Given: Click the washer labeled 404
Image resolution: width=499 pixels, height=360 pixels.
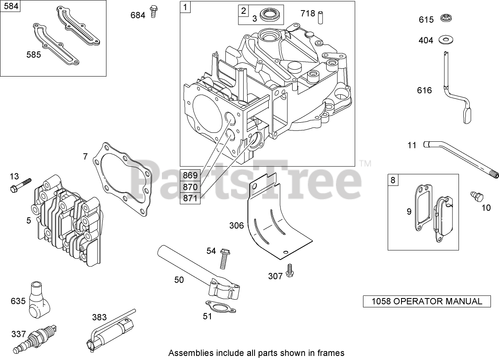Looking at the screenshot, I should click(x=448, y=40).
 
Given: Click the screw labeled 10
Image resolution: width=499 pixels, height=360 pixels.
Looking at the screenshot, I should click(x=476, y=197).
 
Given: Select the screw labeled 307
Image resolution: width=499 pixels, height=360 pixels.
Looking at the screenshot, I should click(x=289, y=270).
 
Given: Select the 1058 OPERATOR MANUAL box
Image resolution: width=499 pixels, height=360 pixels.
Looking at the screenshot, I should click(x=427, y=301).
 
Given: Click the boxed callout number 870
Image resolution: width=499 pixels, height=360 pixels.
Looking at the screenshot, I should click(x=190, y=187).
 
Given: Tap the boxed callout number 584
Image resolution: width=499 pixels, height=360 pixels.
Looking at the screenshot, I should click(x=11, y=7).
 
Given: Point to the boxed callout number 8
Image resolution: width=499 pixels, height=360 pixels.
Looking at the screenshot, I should click(x=393, y=179).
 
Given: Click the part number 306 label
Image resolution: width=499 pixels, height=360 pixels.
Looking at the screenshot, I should click(x=236, y=225).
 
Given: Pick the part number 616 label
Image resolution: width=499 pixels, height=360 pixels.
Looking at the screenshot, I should click(x=424, y=90).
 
